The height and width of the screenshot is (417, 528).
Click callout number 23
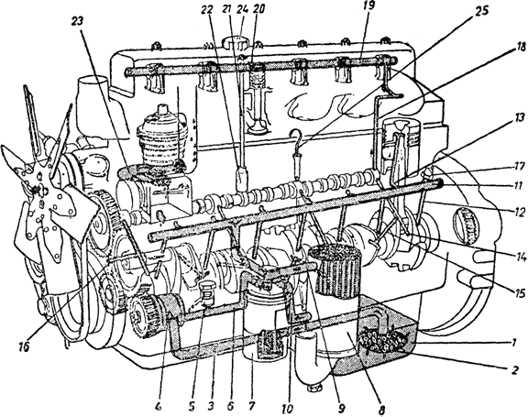click(79, 22)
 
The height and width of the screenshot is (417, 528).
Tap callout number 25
click(480, 11)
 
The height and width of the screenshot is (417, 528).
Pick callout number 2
click(514, 370)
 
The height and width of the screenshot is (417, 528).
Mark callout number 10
click(288, 408)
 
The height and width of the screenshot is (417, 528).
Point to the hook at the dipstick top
click(297, 136)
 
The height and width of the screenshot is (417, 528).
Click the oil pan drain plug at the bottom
click(314, 388)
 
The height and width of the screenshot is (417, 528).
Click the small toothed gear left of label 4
click(143, 314)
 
